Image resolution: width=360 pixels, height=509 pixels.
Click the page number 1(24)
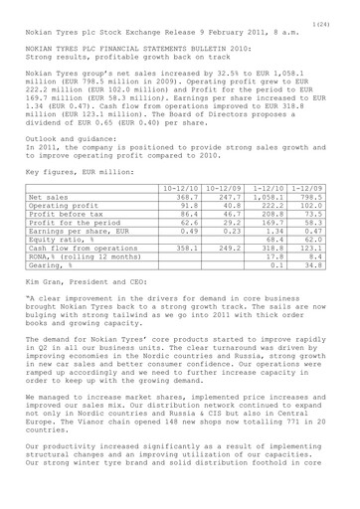point(340,9)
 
